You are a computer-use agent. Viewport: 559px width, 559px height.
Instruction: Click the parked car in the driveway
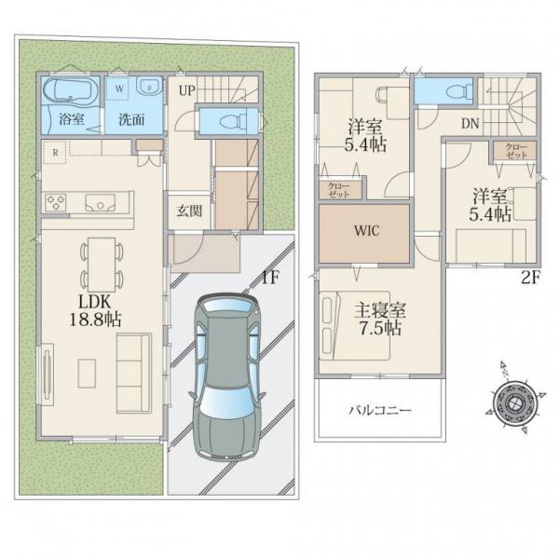click(x=226, y=376)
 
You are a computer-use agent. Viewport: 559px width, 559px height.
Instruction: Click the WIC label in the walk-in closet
click(x=367, y=231)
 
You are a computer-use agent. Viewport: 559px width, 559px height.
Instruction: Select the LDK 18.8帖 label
click(x=95, y=310)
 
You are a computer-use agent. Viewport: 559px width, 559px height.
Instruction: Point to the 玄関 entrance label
click(x=189, y=211)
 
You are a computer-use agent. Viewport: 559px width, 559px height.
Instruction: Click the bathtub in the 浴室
click(x=71, y=91)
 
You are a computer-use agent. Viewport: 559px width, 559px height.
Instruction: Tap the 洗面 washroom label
click(x=131, y=120)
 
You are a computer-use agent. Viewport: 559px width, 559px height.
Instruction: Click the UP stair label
click(x=187, y=90)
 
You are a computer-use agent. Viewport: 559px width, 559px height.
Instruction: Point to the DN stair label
click(x=470, y=123)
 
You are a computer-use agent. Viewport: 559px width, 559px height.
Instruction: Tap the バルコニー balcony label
click(x=380, y=410)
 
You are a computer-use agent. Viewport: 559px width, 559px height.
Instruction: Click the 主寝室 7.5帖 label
click(x=379, y=319)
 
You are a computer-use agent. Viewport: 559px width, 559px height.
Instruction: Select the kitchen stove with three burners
click(x=56, y=203)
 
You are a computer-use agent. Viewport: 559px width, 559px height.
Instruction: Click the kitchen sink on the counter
click(x=101, y=203)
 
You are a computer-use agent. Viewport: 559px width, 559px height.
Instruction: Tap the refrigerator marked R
click(x=55, y=152)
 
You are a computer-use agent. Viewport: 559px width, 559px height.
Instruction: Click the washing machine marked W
click(x=119, y=89)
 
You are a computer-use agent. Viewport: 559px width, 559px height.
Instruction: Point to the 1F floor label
click(x=270, y=278)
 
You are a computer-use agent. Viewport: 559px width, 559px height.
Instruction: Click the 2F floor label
click(x=531, y=278)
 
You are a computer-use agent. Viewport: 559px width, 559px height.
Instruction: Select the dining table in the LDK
click(x=102, y=265)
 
